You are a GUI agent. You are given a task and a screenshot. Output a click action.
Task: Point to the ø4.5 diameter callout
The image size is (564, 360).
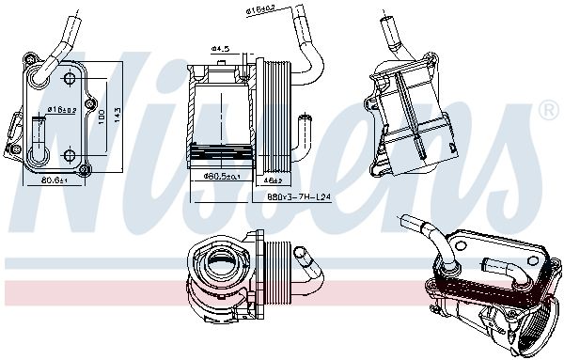220,48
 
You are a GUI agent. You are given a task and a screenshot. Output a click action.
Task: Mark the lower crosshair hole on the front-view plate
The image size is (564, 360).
69,156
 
